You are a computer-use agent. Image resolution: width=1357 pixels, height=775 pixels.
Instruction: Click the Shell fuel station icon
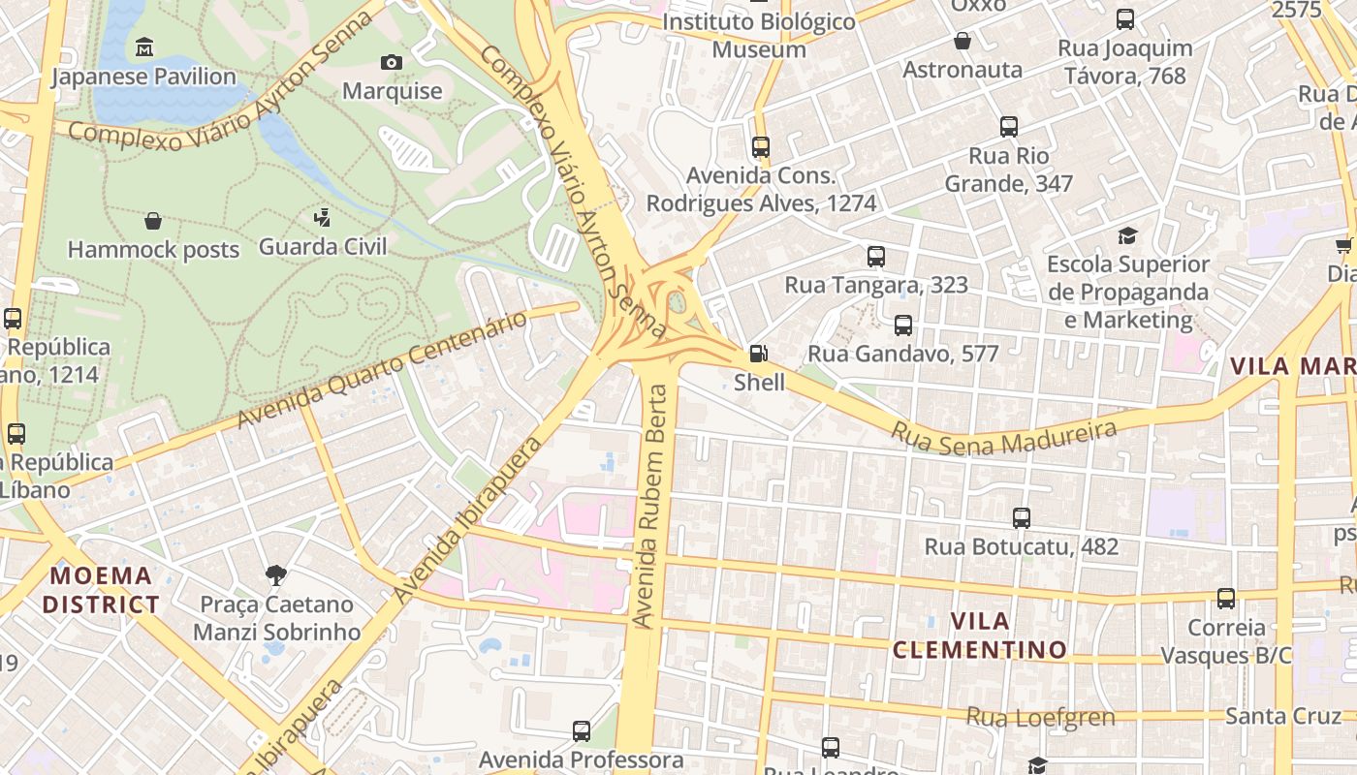759,354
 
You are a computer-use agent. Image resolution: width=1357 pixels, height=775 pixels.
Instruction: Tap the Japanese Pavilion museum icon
144,47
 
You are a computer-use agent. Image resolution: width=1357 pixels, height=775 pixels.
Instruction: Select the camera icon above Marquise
392,62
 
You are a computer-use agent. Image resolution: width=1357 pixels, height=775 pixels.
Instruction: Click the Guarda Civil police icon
322,217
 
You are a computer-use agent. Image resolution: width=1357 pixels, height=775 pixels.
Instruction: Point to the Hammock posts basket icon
153,221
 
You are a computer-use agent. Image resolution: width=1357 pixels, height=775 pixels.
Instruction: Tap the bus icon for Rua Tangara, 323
876,256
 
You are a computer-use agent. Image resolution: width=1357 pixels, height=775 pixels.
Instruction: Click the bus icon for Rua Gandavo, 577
903,325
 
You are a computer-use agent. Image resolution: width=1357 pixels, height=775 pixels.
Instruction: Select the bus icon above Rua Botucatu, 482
1022,518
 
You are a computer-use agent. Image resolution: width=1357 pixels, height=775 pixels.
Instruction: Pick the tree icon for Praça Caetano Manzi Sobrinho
276,575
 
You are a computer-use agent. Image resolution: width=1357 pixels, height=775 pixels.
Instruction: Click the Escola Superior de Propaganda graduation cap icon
1127,235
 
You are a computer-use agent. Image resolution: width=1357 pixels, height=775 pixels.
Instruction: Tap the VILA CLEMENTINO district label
980,635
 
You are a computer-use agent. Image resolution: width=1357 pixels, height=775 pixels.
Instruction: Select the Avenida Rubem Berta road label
652,505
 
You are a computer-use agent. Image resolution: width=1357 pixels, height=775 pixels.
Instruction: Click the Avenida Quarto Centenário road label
386,369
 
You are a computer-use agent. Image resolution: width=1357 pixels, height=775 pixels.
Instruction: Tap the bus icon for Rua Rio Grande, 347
1009,127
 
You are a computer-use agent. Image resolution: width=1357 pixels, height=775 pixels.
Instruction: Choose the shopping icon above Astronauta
963,41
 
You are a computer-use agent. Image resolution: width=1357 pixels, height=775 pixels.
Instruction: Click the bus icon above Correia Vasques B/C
1226,599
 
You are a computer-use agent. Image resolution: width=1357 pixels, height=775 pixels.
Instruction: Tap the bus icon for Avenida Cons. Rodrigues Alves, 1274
761,147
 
